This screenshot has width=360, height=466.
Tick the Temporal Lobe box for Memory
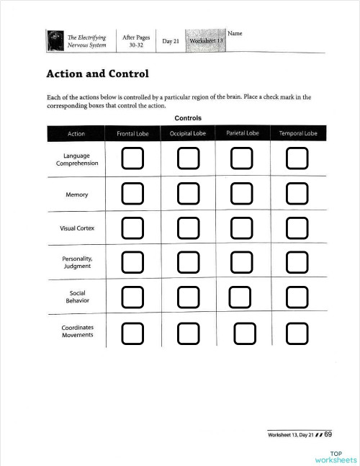297,193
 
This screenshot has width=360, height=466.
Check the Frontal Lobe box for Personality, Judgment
132,261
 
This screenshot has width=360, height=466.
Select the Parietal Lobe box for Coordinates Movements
245,333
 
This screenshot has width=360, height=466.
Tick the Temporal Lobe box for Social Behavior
297,296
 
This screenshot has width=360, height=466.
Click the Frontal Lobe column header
132,133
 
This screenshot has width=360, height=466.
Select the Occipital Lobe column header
188,133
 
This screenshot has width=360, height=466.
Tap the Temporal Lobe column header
297,133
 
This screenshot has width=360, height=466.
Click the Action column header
76,133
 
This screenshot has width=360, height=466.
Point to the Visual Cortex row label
76,228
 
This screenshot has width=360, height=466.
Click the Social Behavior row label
77,297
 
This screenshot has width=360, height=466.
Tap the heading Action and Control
97,73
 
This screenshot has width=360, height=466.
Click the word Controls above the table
187,118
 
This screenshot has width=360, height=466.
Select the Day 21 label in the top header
171,41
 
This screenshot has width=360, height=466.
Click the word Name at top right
235,34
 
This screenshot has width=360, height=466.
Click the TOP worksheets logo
335,457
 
